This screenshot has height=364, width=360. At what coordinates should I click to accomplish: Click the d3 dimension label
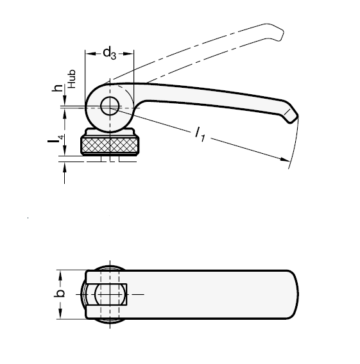pyautogui.click(x=109, y=53)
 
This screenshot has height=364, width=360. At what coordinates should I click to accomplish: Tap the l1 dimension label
pyautogui.click(x=200, y=134)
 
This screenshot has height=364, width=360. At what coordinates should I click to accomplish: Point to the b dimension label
pyautogui.click(x=59, y=294)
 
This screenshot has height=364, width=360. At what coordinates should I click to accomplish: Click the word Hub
pyautogui.click(x=72, y=79)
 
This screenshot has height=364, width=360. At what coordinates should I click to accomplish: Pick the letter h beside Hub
pyautogui.click(x=58, y=88)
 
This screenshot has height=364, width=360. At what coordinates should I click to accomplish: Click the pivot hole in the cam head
pyautogui.click(x=110, y=106)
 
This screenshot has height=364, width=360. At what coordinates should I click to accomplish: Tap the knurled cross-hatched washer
pyautogui.click(x=110, y=145)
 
